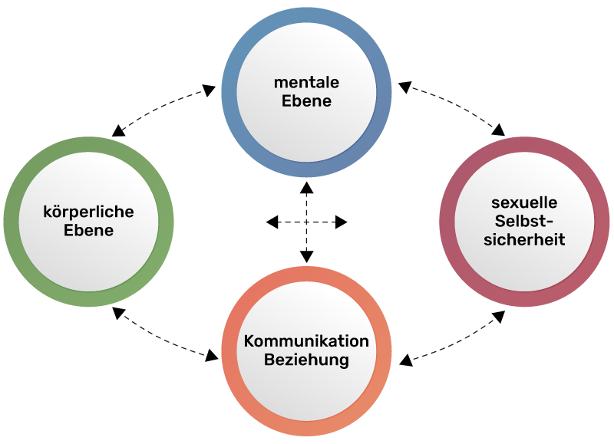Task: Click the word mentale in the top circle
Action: pos(306,82)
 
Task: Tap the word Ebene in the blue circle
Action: pos(306,101)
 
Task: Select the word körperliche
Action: pos(88,212)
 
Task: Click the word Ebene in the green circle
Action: pos(88,230)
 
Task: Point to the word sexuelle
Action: pos(524,203)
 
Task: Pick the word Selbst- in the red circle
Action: pos(524,222)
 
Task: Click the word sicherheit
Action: pos(524,240)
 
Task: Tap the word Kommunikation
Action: pos(306,341)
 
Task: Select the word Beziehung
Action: pos(306,360)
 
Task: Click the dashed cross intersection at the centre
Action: pos(306,222)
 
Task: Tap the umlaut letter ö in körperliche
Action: pos(57,212)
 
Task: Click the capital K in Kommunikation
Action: pos(249,341)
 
